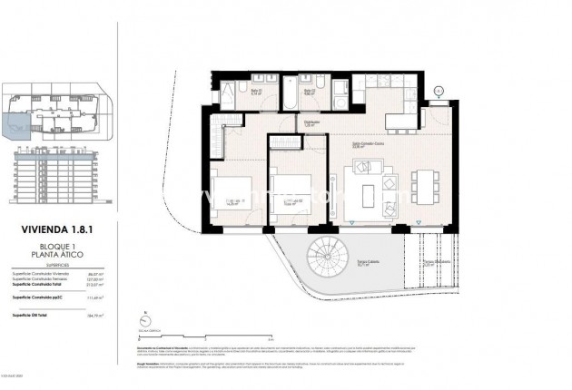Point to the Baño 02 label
(x=308, y=91)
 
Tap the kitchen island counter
(x=408, y=121)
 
